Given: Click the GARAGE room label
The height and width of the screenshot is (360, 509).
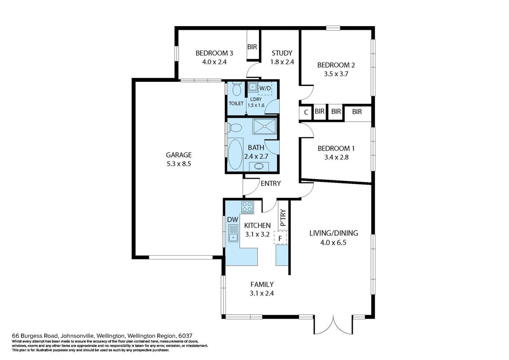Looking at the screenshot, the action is tap(179, 155).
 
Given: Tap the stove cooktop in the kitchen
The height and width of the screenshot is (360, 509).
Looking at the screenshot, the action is tap(247, 207).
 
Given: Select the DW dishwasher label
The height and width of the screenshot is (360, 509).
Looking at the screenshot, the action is tap(232, 220).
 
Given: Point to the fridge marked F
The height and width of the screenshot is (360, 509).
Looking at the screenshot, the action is tap(281, 237).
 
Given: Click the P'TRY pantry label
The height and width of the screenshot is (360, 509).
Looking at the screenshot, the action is tap(283, 218).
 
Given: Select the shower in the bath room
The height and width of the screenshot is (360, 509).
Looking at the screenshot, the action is tap(265, 126).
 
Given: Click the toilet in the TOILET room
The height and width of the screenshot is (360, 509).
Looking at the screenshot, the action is tap(237, 88).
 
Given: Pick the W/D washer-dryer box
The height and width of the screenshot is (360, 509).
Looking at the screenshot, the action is tap(264, 88).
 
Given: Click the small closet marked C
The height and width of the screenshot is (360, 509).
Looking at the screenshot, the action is tap(306, 113).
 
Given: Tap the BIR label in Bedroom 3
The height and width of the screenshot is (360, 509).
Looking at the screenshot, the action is tap(252, 47).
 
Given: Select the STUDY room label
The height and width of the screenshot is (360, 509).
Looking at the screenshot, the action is tap(282, 53).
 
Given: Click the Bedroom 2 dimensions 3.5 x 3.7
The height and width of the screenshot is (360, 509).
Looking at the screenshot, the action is tap(336, 74).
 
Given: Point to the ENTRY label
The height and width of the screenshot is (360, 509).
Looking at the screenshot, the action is tap(271, 184).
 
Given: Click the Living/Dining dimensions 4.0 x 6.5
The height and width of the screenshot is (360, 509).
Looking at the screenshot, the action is tap(334, 243).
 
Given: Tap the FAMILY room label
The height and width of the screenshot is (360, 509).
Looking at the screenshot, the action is tap(262, 284).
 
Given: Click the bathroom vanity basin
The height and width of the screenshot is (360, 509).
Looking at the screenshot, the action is tap(259, 166).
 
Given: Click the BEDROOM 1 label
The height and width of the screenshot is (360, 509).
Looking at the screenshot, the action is tap(336, 148).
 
